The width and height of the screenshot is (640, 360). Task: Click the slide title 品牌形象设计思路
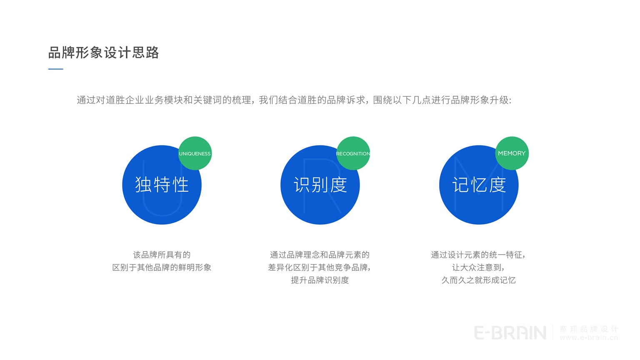coord(103,53)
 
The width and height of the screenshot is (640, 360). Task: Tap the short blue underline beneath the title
coord(56,69)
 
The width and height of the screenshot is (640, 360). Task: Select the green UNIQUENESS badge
coord(195,153)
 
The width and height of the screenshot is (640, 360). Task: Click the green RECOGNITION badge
coord(353,153)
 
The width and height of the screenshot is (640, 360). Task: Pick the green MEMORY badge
coord(512,153)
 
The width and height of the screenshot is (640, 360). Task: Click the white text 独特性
coord(162,185)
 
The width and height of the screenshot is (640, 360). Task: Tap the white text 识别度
coord(320,185)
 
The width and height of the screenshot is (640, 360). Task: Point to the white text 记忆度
coord(479,185)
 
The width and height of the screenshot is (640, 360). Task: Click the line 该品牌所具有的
coord(162,255)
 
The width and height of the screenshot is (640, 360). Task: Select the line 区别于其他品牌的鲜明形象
coord(162,267)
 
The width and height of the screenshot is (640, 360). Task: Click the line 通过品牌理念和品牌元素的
coord(320,255)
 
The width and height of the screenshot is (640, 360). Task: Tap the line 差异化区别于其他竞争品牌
coord(319,267)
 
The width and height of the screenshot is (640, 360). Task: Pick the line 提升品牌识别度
coord(320,280)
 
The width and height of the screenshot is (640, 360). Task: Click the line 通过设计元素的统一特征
coord(477,255)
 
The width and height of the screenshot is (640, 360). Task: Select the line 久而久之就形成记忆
coord(478,280)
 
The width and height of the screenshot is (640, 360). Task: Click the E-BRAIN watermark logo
coord(510,333)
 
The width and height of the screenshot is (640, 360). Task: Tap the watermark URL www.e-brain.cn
coord(589,337)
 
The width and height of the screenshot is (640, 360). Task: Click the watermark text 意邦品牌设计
coord(589,329)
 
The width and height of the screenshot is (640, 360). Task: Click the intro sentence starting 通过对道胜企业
coord(294,100)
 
